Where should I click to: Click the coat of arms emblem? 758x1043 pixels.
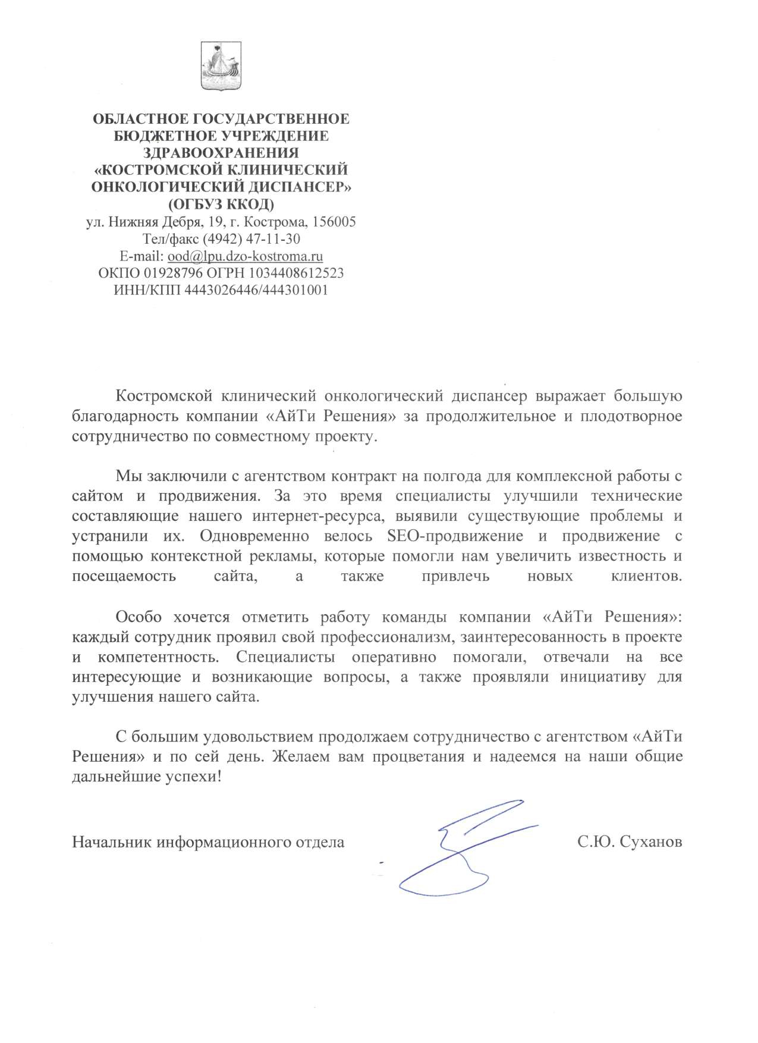[219, 66]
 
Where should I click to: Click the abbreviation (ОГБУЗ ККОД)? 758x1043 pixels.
[221, 205]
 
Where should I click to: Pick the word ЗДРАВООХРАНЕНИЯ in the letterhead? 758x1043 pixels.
[221, 153]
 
